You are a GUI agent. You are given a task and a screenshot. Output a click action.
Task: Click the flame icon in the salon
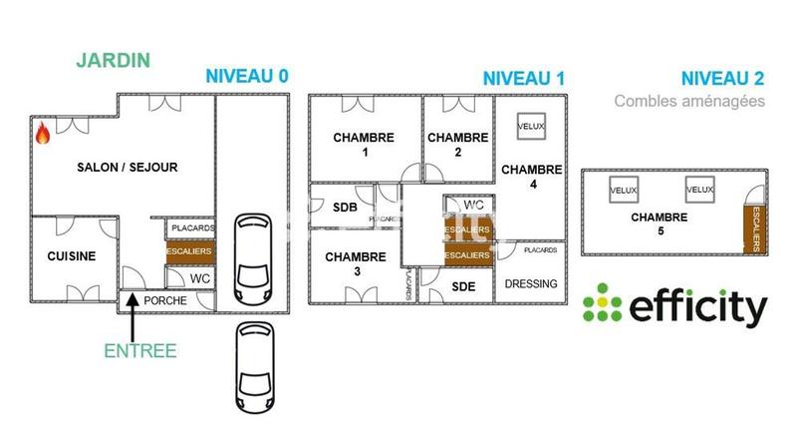(x=43, y=134)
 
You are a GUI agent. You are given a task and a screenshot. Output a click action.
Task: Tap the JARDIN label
(x=113, y=60)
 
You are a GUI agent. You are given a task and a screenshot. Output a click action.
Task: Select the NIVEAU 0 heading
(x=247, y=77)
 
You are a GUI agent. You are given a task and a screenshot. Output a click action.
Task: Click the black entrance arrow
(x=133, y=323)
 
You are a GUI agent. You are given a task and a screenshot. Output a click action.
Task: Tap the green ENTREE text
(x=139, y=350)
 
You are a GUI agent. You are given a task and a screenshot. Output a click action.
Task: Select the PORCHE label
(x=165, y=299)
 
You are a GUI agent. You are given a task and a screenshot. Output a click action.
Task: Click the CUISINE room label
(x=72, y=256)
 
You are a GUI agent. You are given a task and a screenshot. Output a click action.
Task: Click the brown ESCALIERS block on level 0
(x=189, y=253)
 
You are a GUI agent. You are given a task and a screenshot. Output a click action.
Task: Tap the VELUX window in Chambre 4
(x=529, y=127)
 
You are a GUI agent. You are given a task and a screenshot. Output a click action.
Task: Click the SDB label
(x=345, y=208)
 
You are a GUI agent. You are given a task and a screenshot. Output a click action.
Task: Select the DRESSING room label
(x=531, y=284)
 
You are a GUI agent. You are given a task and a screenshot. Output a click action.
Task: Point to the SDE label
(x=464, y=287)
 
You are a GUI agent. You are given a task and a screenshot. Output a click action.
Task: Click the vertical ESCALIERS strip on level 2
(x=757, y=226)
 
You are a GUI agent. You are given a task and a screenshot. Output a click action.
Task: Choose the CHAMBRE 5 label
(x=659, y=223)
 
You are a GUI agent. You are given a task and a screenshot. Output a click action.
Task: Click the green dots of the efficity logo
(x=602, y=303)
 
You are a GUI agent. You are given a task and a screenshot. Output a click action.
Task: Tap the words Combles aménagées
(x=689, y=101)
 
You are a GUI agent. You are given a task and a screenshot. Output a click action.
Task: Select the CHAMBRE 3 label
(x=356, y=264)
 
